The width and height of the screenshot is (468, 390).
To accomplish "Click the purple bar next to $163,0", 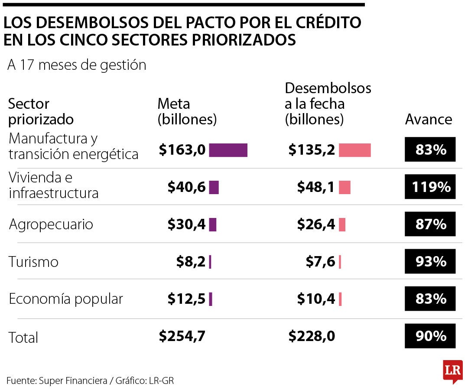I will (x=228, y=150).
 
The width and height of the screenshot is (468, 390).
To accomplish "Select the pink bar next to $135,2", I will (x=354, y=150).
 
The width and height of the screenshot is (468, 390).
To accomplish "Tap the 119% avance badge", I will (x=430, y=187).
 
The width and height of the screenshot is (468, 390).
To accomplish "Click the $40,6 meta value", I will (x=186, y=187).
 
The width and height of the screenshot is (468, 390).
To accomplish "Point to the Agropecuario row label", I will (x=51, y=224).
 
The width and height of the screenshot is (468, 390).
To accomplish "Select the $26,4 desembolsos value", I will (x=316, y=224).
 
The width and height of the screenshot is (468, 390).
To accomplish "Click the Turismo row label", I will (x=33, y=262).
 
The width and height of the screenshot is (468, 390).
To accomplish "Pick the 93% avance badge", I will (x=430, y=261).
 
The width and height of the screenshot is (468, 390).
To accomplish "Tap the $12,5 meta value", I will (x=186, y=299).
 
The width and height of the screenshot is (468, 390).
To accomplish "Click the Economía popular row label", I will (x=66, y=299).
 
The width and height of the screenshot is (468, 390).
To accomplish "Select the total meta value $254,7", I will (x=182, y=336).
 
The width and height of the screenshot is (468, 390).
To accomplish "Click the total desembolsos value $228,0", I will (x=312, y=336).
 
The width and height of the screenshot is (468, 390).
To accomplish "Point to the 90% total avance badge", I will (x=430, y=336).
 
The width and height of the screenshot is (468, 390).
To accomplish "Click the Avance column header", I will (x=429, y=119).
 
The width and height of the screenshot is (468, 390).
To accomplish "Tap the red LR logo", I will (x=452, y=371).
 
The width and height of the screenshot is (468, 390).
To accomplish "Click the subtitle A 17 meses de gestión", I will (x=77, y=65).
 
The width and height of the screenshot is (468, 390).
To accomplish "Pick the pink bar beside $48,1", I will (x=344, y=187).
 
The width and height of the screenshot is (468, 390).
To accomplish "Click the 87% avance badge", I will (x=430, y=224).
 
